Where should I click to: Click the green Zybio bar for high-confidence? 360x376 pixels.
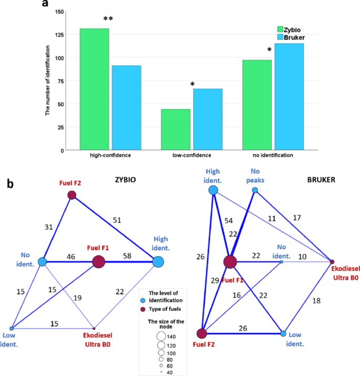pos(94,89)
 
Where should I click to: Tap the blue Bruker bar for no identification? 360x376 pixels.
pos(289,97)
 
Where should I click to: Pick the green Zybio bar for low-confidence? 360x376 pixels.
pos(176,129)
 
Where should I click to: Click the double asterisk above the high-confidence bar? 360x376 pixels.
pos(108,19)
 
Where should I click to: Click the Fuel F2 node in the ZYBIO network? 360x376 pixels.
pos(72,196)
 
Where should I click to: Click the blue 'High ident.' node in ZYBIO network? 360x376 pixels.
pos(158,261)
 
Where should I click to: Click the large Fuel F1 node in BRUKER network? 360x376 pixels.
pos(230,262)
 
